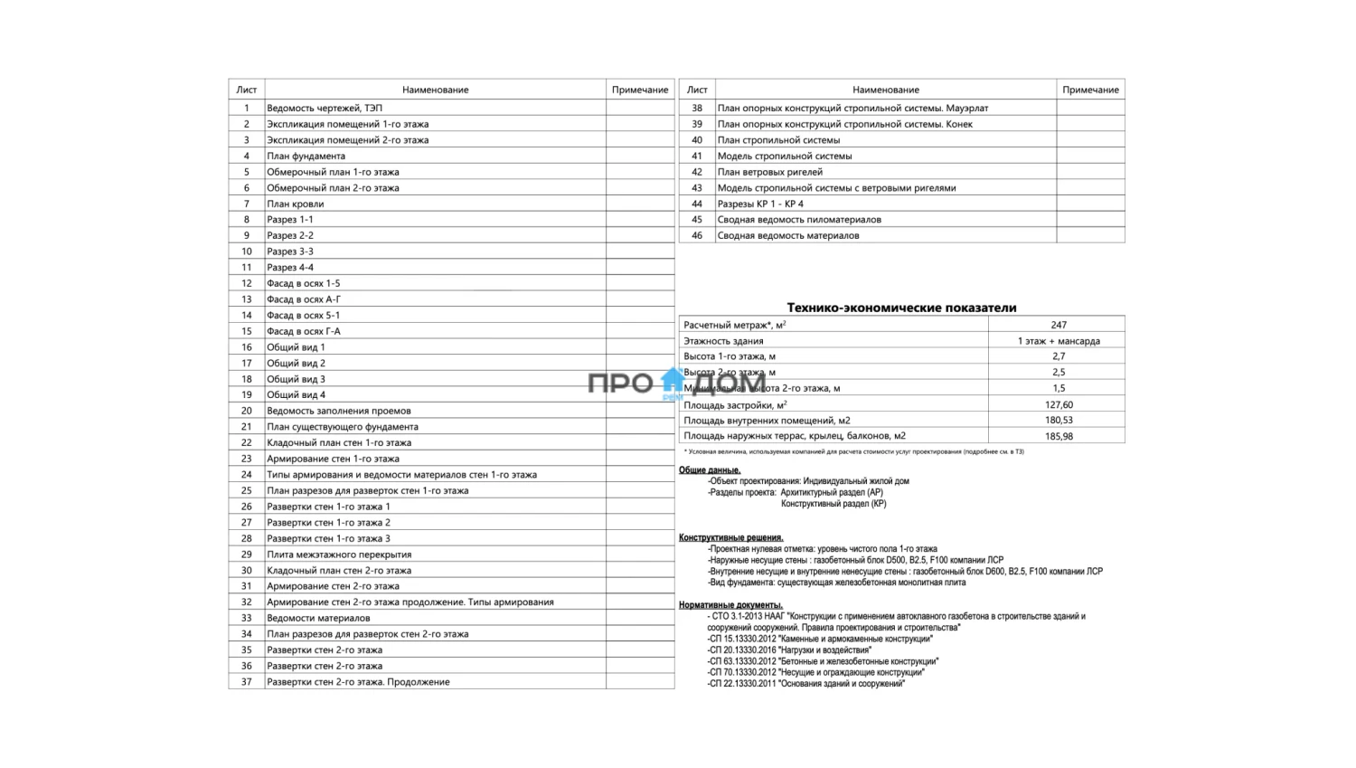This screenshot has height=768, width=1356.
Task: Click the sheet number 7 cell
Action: coord(246,204)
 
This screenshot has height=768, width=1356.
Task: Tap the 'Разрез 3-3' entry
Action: coord(290,251)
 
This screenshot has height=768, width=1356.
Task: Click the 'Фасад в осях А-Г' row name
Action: coord(304,299)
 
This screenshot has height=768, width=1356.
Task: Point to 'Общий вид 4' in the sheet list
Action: coord(296,394)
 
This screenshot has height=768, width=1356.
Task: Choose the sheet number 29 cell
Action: coord(246,555)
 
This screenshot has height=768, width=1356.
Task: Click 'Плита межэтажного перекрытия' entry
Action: coord(339,555)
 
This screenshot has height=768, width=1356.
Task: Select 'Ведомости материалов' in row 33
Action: coord(318,618)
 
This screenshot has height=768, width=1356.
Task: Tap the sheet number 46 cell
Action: coord(697,235)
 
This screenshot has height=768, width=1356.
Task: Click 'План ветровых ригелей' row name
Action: coord(770,172)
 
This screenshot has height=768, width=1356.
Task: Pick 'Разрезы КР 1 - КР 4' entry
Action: coord(760,204)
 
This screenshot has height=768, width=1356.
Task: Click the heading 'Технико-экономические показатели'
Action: coord(901,308)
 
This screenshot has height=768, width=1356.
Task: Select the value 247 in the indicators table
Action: coord(1059,325)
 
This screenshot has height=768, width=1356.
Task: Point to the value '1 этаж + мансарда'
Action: coord(1059,341)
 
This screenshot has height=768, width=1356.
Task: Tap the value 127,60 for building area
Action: coord(1059,404)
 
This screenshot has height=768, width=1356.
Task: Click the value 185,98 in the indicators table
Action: coord(1059,436)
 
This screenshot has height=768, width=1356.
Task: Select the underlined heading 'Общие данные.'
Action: coord(710,470)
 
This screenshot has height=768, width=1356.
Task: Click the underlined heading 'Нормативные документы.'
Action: coord(730,605)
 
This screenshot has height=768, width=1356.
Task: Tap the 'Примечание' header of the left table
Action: coord(640,90)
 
